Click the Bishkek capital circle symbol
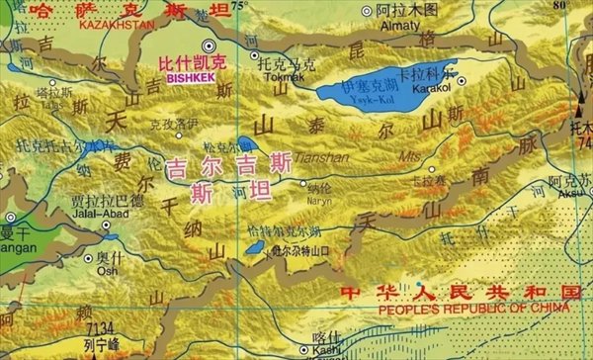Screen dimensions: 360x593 click(x=209, y=45)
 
